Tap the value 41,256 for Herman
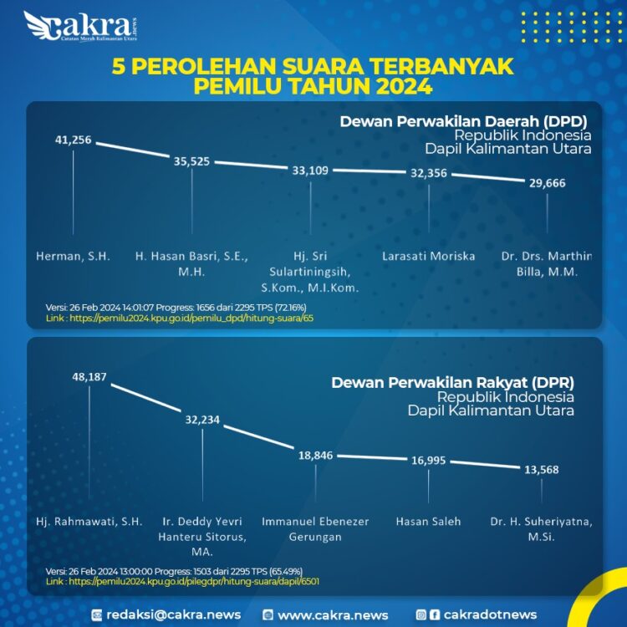point(73,140)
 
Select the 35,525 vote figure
point(191,161)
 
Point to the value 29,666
point(547,183)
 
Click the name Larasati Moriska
point(428,256)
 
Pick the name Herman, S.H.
point(73,256)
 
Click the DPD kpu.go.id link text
point(180,319)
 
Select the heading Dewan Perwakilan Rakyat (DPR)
point(452,382)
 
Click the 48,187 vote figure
point(89,377)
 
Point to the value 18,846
point(315,456)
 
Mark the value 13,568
point(541,469)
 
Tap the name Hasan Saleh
point(428,522)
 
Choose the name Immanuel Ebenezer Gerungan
point(315,529)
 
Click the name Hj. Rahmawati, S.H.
point(89,522)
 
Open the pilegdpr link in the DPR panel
point(182,581)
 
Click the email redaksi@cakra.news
point(172,614)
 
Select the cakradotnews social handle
point(490,614)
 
